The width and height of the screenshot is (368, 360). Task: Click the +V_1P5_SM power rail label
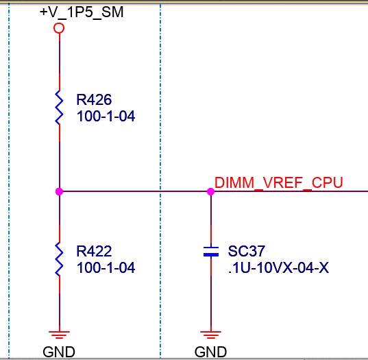[x=82, y=12]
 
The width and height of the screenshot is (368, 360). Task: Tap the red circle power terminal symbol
[x=59, y=28]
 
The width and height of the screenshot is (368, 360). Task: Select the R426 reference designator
[x=94, y=99]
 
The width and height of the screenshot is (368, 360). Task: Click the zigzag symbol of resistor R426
[x=59, y=108]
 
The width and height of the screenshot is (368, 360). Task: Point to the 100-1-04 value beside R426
[x=106, y=117]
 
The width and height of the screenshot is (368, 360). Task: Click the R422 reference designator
[x=94, y=251]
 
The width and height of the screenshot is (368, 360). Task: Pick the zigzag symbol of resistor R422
[x=59, y=259]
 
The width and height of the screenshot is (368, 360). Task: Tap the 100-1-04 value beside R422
[x=106, y=267]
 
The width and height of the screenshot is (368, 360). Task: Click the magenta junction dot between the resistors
[x=59, y=191]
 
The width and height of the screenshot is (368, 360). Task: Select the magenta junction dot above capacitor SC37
[x=211, y=191]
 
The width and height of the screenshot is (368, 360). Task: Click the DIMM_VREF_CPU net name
[x=279, y=182]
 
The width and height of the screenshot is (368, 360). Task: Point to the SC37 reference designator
[x=247, y=251]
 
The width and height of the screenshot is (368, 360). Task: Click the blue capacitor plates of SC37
[x=211, y=252]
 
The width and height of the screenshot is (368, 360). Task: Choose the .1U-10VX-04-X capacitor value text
[x=278, y=267]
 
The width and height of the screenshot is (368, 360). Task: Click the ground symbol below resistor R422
[x=59, y=335]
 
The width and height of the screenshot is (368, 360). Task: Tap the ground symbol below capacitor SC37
[x=211, y=335]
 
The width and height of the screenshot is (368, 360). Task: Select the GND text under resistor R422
[x=59, y=352]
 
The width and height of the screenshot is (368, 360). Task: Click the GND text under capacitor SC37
[x=210, y=352]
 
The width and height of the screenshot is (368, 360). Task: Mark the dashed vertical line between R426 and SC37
[x=160, y=181]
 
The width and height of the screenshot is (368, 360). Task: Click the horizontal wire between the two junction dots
[x=135, y=191]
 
